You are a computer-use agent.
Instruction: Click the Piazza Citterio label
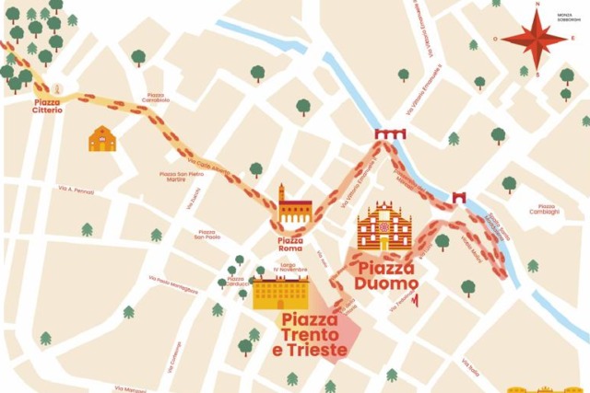[47, 106]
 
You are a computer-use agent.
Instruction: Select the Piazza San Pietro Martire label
[182, 176]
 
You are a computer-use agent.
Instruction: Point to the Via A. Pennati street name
[77, 189]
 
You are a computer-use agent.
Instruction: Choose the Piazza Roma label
[290, 244]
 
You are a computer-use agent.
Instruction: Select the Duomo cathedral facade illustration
[386, 228]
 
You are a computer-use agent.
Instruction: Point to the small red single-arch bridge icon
[459, 196]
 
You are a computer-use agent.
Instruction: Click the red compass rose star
[534, 38]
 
